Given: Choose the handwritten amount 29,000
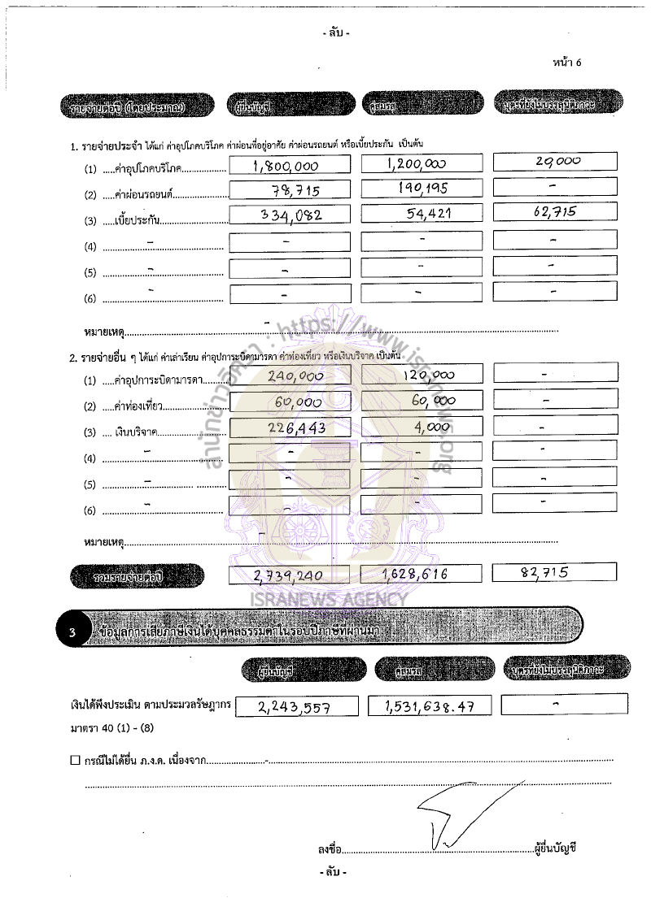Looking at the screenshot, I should pos(558,161).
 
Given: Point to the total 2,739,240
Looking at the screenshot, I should pos(288,575).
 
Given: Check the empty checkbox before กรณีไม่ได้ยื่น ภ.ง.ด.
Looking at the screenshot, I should pos(75,761).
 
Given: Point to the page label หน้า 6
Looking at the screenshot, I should pos(566,63).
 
